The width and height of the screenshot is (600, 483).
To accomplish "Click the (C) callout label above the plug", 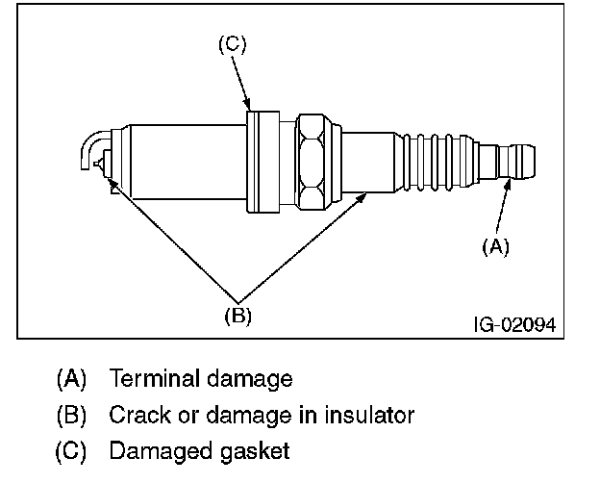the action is tap(233, 44).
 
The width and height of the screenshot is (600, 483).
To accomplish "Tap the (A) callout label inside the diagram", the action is tap(495, 246).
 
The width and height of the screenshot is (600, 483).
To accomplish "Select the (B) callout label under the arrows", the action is tap(237, 316).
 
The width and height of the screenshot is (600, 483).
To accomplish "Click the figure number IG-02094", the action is tap(515, 325).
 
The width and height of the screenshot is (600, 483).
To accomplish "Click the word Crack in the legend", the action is tap(139, 415).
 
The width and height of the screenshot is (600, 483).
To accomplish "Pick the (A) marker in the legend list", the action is tap(71, 379).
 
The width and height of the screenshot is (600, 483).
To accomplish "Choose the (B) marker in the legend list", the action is tap(71, 416).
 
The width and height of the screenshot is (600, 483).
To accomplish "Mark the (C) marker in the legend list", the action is tap(71, 451).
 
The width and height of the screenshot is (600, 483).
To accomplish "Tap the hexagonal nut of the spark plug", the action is tap(312, 162).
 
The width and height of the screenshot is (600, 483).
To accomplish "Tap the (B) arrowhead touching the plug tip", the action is tap(112, 183).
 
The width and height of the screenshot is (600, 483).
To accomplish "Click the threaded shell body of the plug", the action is tap(188, 162).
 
